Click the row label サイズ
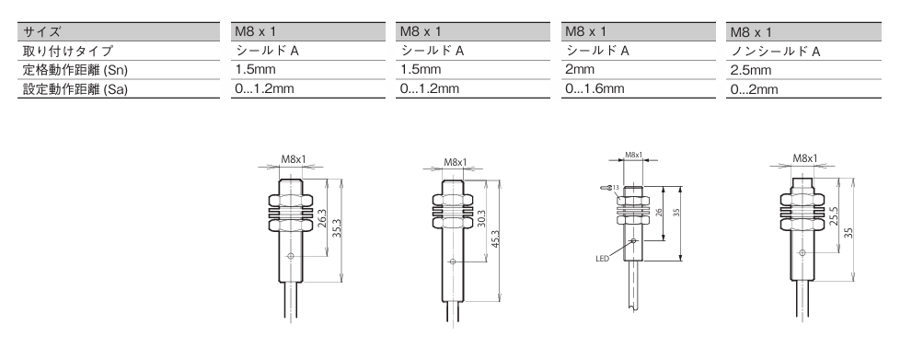41,32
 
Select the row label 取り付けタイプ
67,52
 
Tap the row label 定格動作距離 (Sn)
75,70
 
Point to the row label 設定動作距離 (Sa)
75,89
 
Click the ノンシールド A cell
775,52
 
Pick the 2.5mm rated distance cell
750,70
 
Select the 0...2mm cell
754,89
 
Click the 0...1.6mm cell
595,88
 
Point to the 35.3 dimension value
338,230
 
